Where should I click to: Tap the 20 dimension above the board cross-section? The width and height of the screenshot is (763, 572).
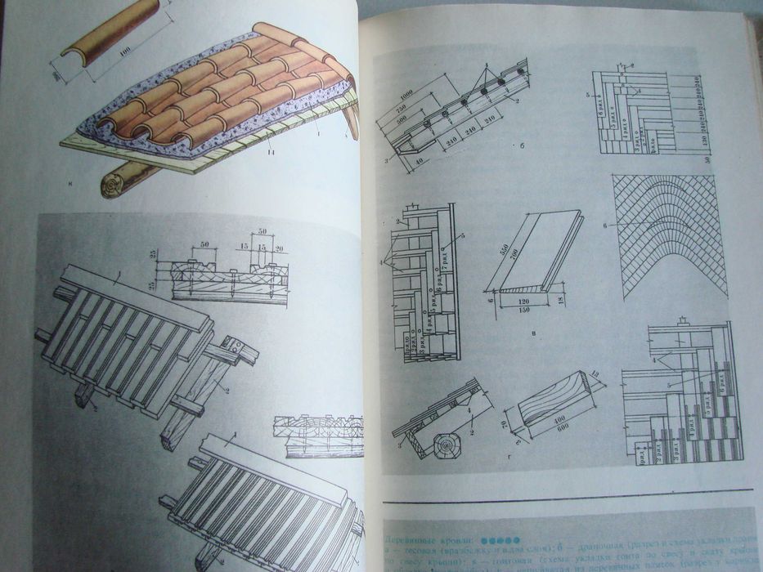[280, 248]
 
